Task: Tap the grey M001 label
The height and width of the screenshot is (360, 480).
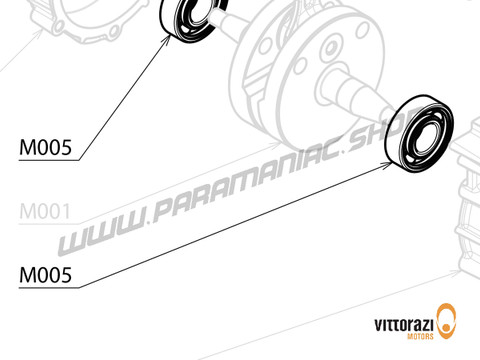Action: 45,212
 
